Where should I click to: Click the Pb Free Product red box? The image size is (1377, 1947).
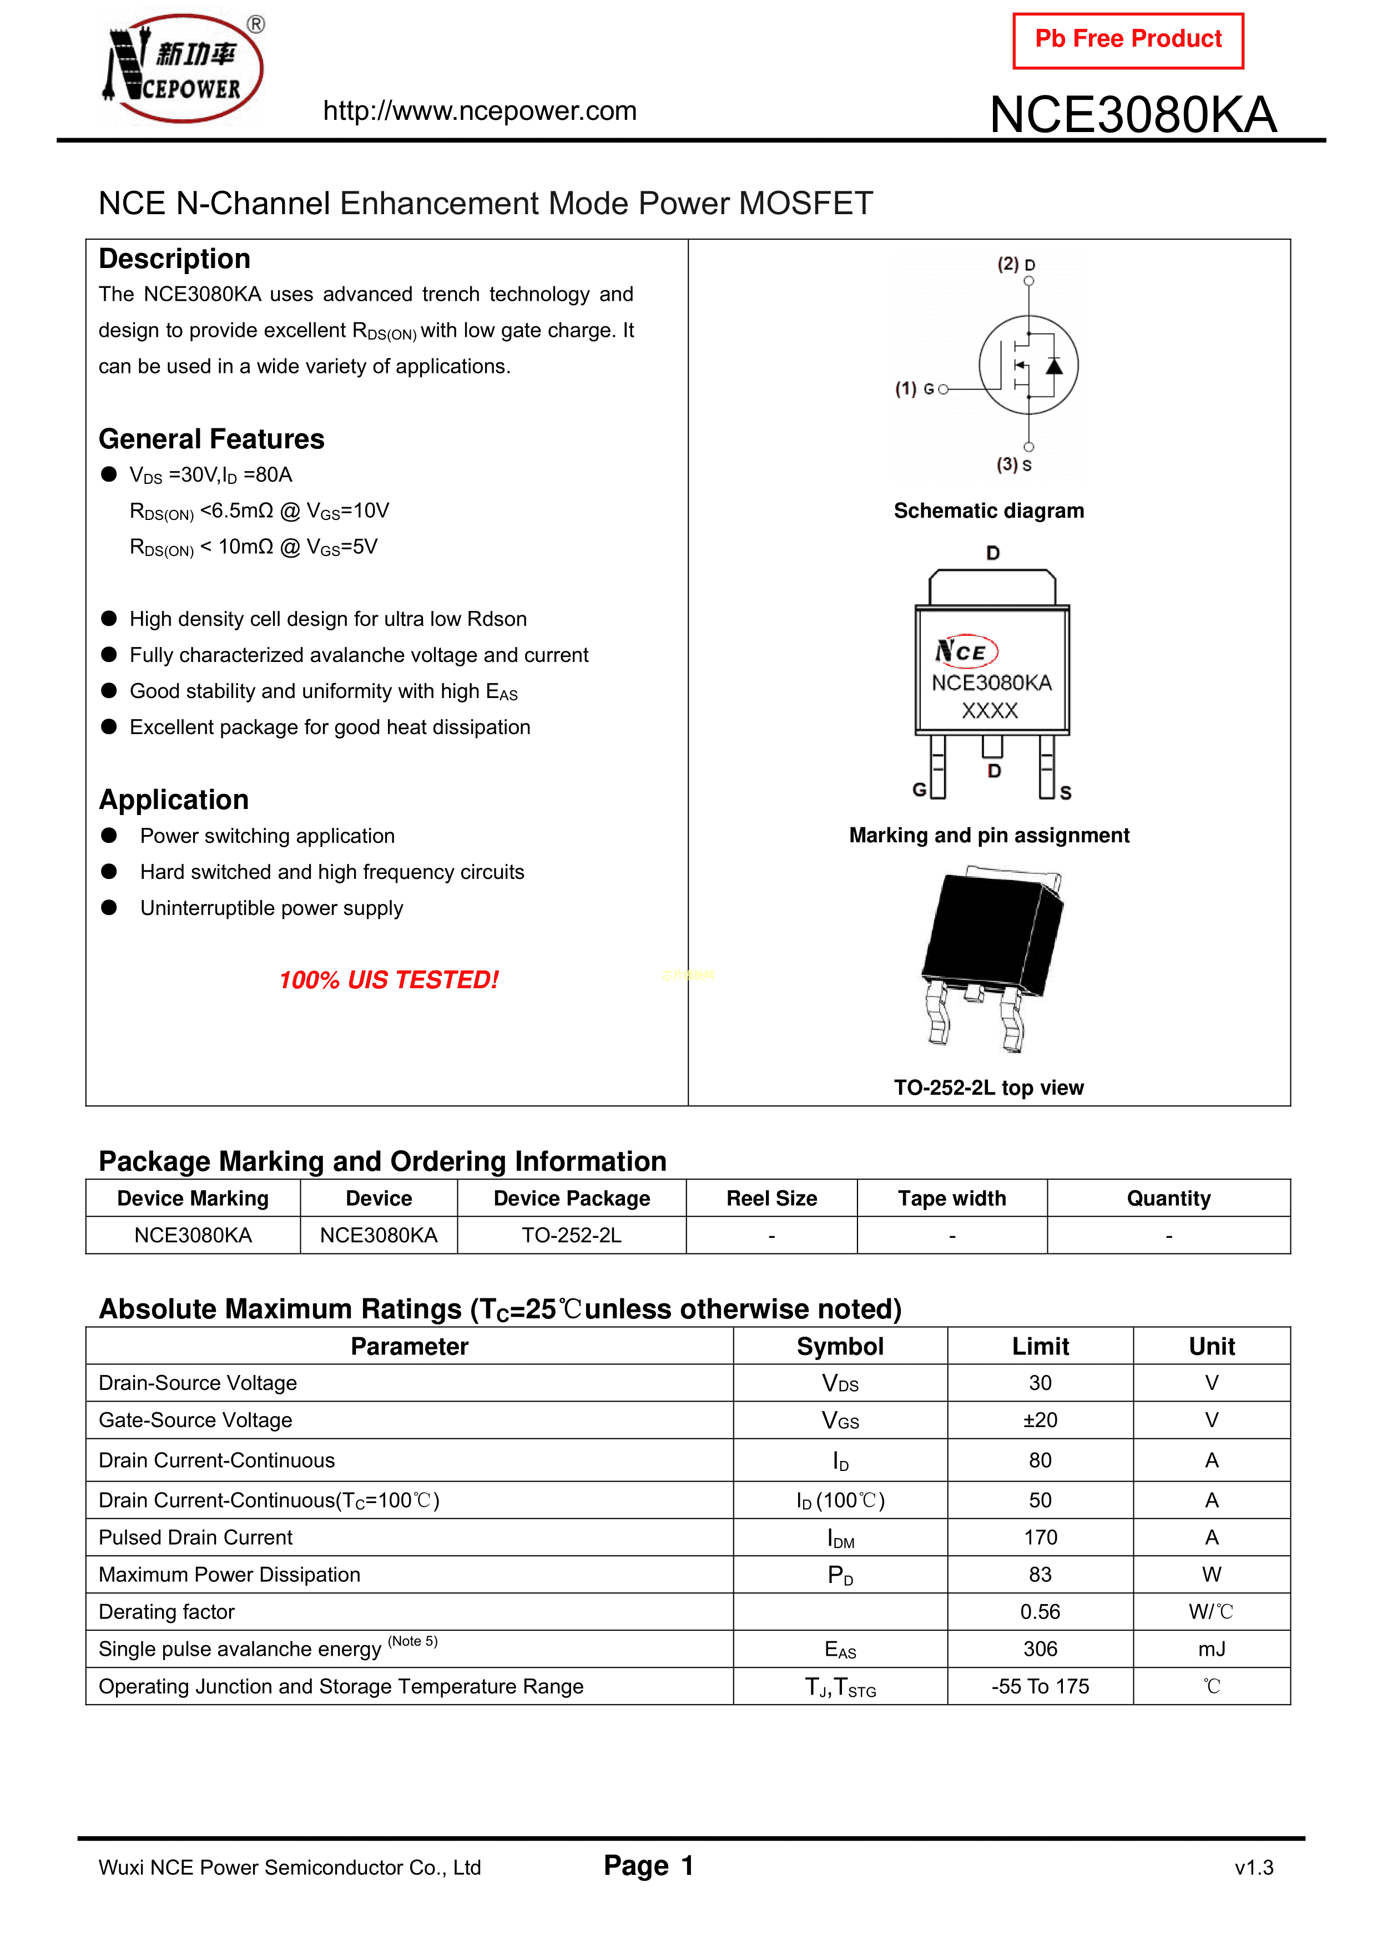[x=1128, y=40]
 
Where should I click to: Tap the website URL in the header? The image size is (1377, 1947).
[x=480, y=111]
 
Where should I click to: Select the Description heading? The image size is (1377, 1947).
[x=175, y=259]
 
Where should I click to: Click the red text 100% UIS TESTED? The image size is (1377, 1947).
[x=389, y=980]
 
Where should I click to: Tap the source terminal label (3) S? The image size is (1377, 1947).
[x=1014, y=465]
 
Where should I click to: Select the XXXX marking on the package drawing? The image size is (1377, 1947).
[x=989, y=711]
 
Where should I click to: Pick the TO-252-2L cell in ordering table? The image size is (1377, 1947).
[x=571, y=1236]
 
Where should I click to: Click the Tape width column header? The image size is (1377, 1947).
[x=952, y=1198]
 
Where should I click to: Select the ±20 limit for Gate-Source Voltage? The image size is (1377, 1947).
[x=1040, y=1420]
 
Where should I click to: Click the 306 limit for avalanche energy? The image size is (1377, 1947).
[x=1040, y=1650]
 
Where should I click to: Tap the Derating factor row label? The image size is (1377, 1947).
[x=167, y=1612]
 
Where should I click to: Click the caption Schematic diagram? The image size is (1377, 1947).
[x=988, y=510]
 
